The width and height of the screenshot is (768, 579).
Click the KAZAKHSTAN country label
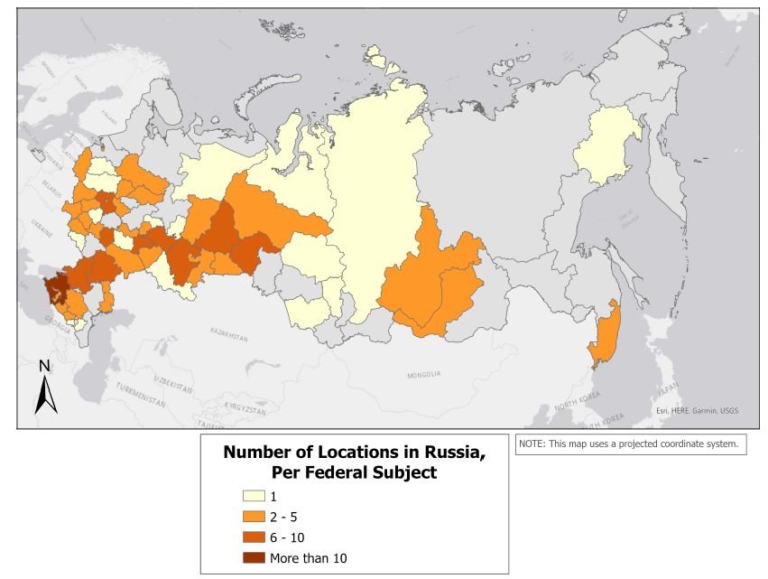pos(227,336)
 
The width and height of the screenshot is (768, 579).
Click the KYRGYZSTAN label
pos(243,410)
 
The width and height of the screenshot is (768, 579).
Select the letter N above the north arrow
pos(44,366)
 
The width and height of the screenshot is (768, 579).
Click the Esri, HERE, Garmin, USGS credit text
pos(696,411)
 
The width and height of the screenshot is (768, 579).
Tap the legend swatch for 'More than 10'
pos(254,558)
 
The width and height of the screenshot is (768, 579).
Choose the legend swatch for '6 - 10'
pos(254,537)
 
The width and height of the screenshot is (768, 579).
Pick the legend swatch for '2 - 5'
pos(254,517)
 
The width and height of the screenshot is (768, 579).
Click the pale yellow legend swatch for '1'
pos(254,496)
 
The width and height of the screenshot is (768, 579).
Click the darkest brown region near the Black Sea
pos(56,288)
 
